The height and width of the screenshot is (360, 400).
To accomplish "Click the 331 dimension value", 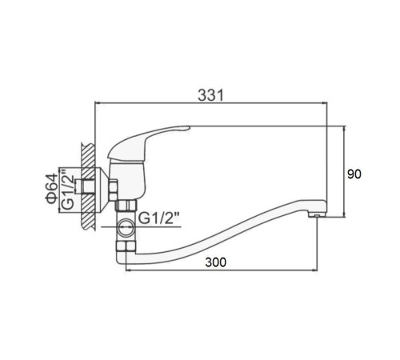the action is point(210,95).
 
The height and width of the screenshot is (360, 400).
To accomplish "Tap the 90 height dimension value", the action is point(354,174).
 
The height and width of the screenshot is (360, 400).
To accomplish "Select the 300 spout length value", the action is point(216,262).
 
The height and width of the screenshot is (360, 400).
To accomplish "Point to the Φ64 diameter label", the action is point(52,188).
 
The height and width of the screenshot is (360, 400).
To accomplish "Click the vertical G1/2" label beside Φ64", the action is point(68,188).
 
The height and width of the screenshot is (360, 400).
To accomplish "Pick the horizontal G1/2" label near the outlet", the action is point(158,218).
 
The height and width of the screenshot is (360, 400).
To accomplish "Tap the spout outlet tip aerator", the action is point(317,214).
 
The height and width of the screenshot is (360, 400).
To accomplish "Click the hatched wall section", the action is point(88,186).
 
